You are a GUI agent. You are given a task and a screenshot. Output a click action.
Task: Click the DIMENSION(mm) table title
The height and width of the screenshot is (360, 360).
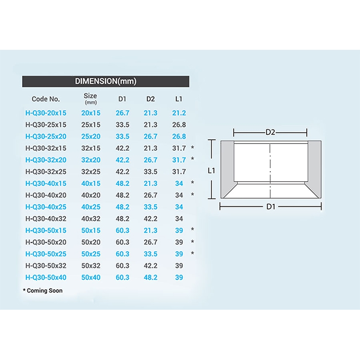pos(105,81)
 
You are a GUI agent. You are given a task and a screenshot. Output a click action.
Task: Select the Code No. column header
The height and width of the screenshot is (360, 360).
pos(46,99)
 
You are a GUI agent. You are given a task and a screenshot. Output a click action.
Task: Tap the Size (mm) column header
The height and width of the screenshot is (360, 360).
pos(90,99)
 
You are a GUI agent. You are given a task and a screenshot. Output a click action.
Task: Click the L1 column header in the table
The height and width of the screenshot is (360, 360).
pos(179,99)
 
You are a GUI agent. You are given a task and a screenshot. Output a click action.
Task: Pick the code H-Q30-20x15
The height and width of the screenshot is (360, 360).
pos(46,113)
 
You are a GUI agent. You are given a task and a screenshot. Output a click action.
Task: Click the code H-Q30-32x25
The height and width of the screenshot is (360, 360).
pos(46,172)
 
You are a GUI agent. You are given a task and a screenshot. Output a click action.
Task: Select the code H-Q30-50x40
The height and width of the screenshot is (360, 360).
pos(46,278)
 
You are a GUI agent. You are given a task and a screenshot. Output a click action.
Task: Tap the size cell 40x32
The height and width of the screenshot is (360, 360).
pos(91,219)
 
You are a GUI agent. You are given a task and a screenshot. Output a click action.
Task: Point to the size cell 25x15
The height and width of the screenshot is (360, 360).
pos(91,125)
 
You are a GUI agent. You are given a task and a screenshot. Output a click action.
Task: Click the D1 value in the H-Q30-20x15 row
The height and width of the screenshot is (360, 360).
pos(122,113)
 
